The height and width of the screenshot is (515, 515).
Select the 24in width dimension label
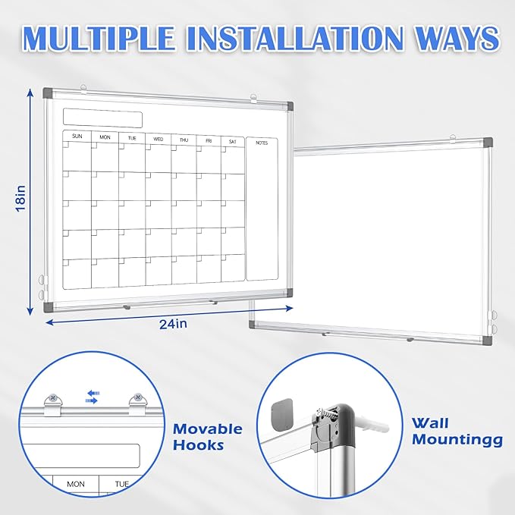pos(173,324)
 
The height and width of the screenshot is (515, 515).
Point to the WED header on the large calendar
pos(158,139)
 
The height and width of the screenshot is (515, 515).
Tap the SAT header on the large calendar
pos(232,141)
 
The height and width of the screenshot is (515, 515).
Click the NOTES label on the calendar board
pos(262,143)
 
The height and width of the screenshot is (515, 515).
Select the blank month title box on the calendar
pos(102,118)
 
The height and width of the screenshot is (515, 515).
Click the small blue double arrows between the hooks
pos(92,397)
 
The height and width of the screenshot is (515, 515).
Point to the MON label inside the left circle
pos(76,483)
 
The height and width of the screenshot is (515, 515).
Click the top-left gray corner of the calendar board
pos(49,93)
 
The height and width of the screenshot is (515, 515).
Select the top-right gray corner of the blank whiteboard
pos(485,143)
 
